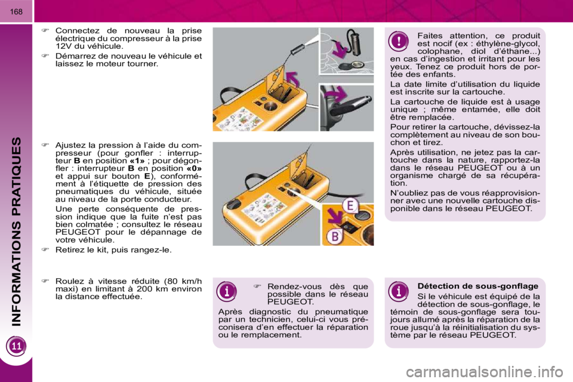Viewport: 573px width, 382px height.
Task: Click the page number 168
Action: [16, 12]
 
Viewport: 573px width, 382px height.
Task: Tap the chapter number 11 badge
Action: [17, 346]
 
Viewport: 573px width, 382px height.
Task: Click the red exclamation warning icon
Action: [399, 41]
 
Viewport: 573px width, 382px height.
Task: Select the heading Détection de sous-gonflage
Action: [478, 286]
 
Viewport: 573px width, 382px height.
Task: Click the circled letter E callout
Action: [350, 205]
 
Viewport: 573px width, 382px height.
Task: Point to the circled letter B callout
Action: [334, 236]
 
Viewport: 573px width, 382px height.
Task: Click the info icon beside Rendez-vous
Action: [227, 291]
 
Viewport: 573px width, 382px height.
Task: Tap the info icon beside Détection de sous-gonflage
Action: [398, 291]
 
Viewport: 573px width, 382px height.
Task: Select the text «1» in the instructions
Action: [137, 161]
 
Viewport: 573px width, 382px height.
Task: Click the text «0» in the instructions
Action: [194, 168]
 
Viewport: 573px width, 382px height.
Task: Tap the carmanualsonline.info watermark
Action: [484, 372]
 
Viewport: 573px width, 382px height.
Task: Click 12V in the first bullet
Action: [64, 47]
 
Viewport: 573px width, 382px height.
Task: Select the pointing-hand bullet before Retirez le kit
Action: [45, 249]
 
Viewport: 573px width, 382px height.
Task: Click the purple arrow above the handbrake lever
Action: [335, 95]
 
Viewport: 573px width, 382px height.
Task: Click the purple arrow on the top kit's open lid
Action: [292, 79]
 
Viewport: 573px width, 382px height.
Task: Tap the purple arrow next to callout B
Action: [334, 215]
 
